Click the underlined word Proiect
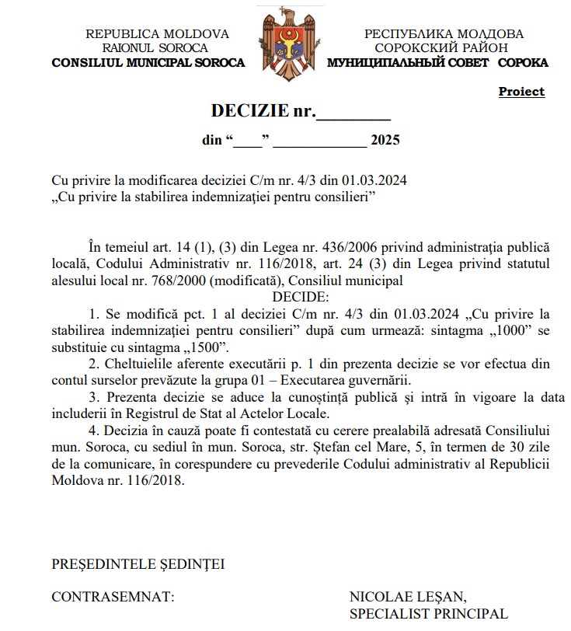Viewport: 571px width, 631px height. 521,92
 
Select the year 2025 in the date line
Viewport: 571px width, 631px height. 385,141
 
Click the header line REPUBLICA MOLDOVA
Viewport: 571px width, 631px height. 157,34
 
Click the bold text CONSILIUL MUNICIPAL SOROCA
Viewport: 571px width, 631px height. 148,62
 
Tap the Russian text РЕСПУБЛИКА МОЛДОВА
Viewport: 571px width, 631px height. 444,34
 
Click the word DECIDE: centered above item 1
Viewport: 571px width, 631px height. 301,298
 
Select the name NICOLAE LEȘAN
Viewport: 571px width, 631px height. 408,598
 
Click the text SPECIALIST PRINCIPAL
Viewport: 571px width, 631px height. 428,614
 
